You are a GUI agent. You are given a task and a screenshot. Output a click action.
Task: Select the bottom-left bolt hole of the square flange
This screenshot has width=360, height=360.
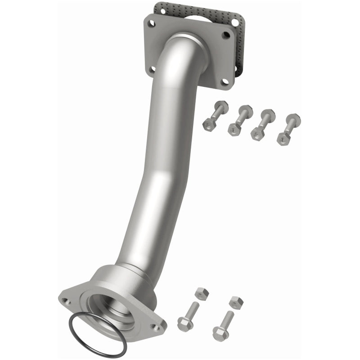[x=153, y=69]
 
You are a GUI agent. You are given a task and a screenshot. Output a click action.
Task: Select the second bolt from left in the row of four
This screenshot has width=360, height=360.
[x=239, y=120]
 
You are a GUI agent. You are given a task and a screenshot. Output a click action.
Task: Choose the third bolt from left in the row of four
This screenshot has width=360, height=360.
[x=262, y=124]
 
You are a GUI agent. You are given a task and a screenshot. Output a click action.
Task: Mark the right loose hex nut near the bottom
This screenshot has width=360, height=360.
[x=235, y=302]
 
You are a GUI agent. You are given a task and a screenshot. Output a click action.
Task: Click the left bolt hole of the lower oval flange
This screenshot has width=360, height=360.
[x=66, y=301]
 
